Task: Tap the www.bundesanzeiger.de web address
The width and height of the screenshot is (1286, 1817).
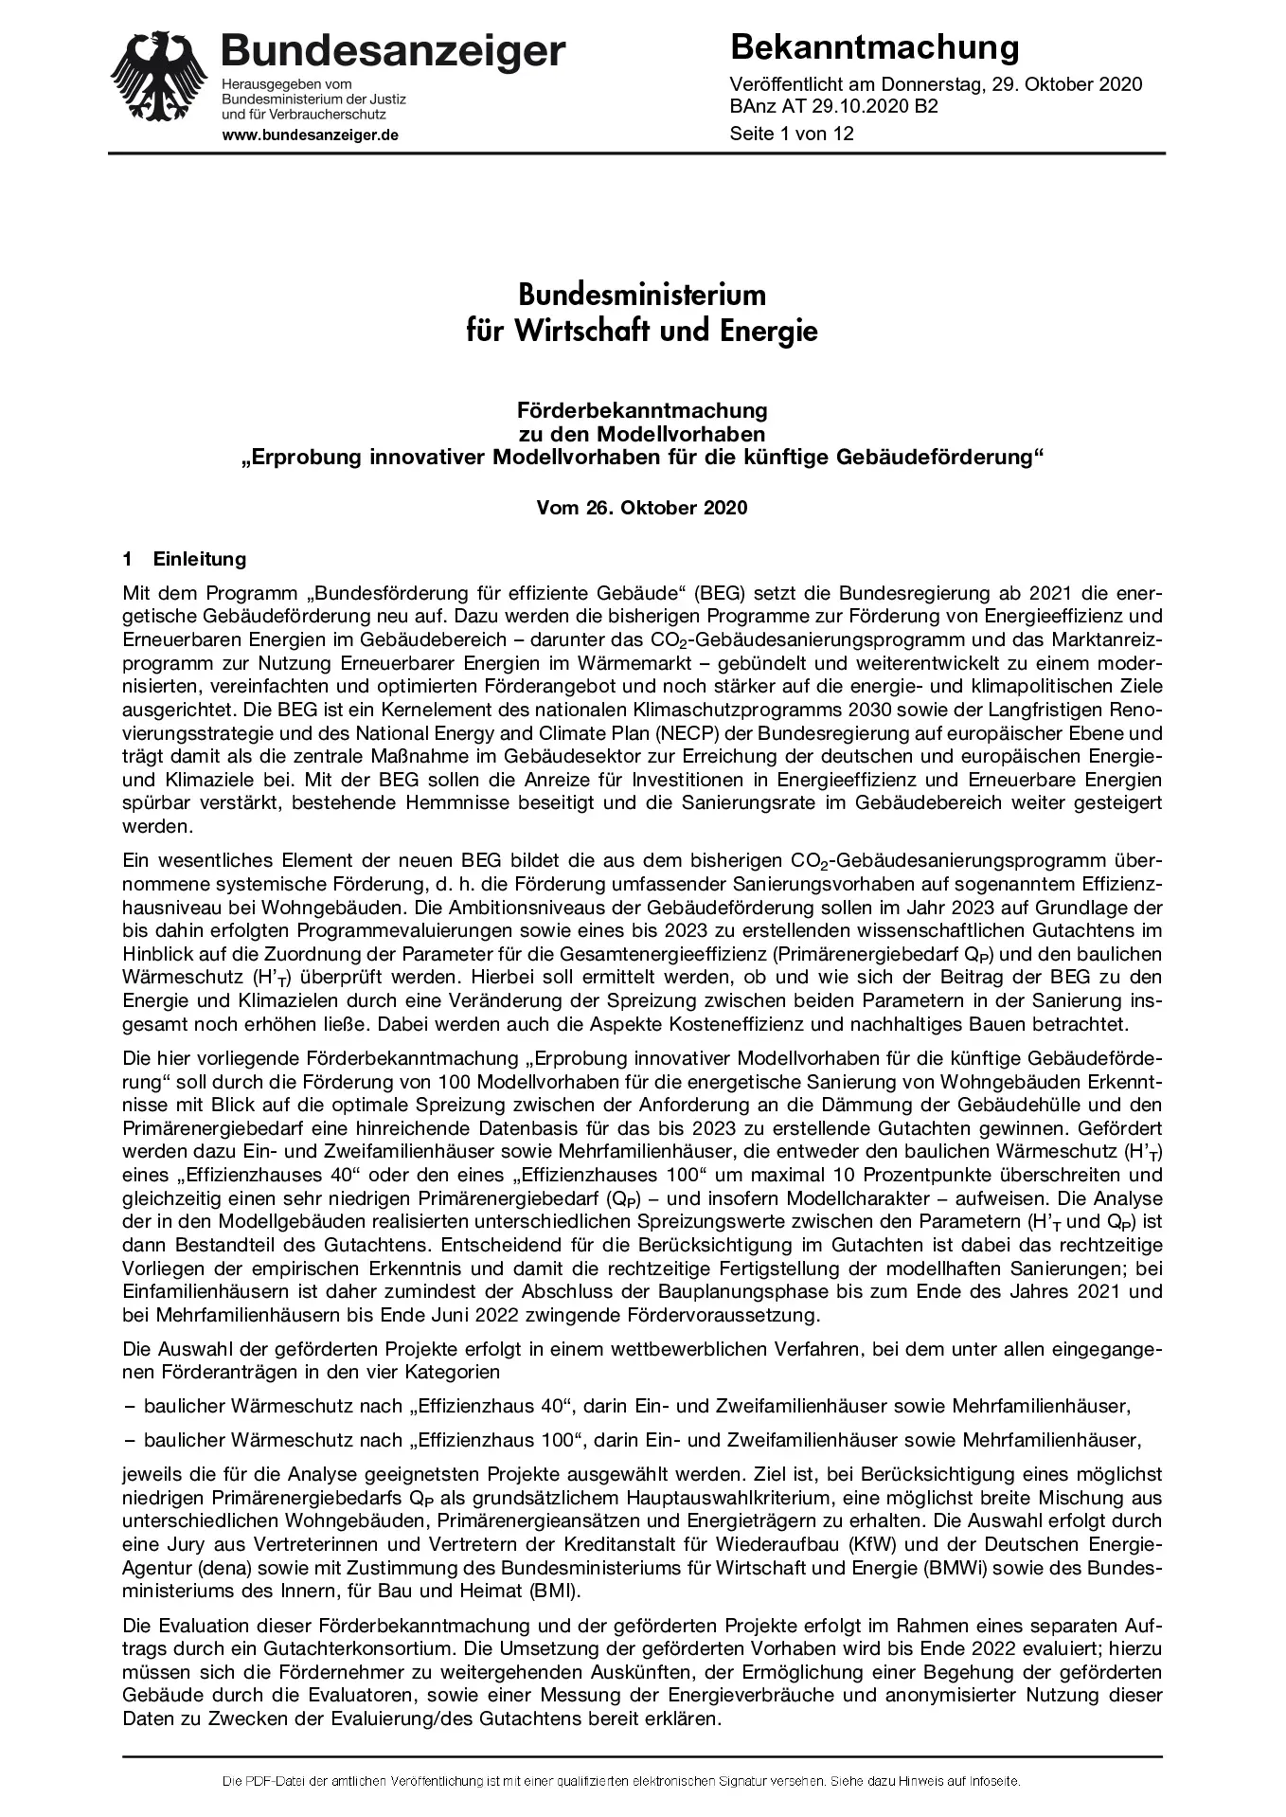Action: (310, 135)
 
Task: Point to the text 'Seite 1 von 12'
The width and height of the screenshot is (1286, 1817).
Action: (792, 134)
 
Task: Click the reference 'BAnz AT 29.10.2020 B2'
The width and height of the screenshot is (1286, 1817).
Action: (833, 107)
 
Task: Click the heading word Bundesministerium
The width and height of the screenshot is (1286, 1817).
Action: (642, 294)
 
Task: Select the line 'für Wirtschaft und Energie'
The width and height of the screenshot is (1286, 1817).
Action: (642, 332)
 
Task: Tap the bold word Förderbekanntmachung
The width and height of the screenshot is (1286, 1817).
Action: (642, 410)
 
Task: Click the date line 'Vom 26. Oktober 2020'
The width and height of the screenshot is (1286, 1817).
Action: (642, 508)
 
